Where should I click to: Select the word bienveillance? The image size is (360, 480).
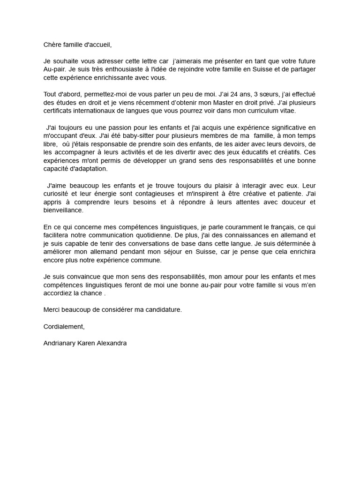63,210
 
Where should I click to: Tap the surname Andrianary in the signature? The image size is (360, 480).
60,343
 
